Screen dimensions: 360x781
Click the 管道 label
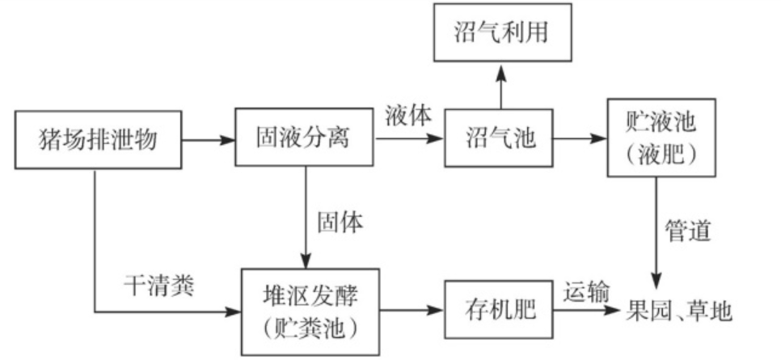point(688,231)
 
